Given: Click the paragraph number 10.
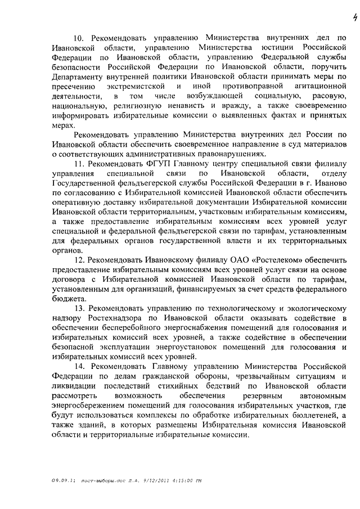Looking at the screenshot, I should (78, 38).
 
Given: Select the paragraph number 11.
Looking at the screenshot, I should (78, 164).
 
